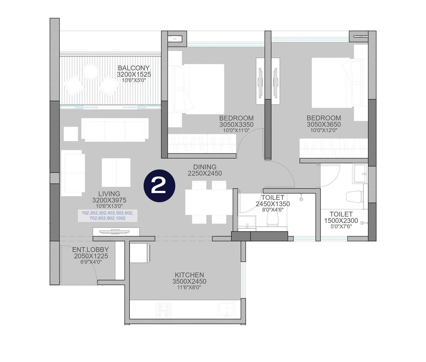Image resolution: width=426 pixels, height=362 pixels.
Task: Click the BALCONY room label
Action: (x=133, y=68)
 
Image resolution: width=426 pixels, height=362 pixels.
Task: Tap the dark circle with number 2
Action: (x=159, y=186)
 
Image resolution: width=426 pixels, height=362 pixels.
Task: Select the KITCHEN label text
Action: (x=189, y=275)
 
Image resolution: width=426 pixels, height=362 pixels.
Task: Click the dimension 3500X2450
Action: (x=189, y=281)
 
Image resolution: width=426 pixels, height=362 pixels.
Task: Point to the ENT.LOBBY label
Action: (x=90, y=250)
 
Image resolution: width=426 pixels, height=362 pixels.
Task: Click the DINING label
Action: (x=205, y=167)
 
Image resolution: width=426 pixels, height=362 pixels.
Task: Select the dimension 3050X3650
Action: (x=324, y=125)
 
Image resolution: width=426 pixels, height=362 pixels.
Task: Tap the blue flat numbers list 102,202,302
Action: (x=107, y=216)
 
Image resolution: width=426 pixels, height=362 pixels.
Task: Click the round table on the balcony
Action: (x=91, y=72)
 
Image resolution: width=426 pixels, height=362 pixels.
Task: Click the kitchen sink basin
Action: (x=227, y=310)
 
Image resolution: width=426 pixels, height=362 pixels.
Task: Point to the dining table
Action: (x=209, y=202)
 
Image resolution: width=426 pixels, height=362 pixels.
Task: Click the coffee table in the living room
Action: (x=116, y=172)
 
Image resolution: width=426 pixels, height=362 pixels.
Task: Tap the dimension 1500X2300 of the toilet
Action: (x=341, y=221)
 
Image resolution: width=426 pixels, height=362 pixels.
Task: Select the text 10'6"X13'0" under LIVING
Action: (x=109, y=206)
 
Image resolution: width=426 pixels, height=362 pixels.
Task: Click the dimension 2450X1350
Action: (x=273, y=204)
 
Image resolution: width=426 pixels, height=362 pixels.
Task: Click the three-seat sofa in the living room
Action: (x=115, y=130)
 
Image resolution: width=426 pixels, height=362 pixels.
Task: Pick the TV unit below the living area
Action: (x=116, y=232)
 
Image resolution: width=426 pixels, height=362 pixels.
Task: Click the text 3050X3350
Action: (x=236, y=125)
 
